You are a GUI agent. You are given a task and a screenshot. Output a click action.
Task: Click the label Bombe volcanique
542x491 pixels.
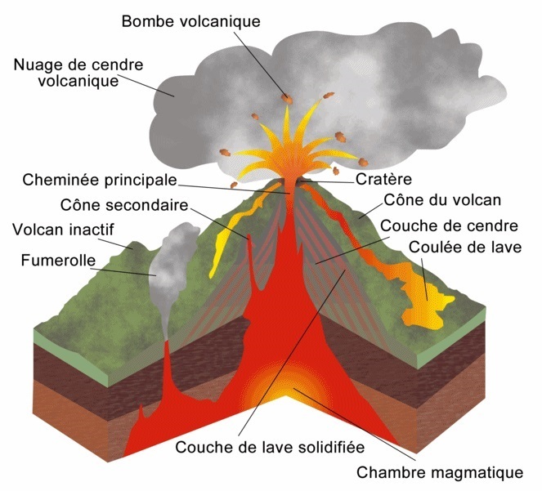click(190, 20)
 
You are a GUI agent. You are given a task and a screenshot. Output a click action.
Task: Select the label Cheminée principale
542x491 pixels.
click(100, 179)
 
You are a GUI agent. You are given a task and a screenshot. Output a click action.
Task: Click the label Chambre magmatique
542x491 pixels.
click(439, 472)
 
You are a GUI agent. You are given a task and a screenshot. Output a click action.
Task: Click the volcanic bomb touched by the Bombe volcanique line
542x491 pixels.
click(287, 99)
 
